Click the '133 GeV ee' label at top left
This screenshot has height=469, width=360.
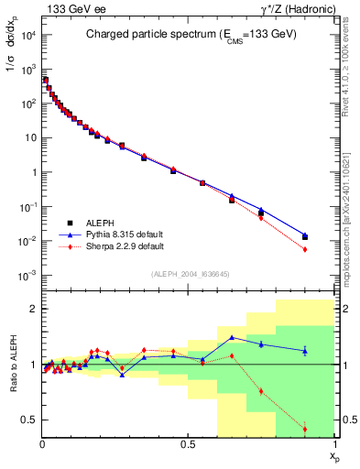(x=73, y=11)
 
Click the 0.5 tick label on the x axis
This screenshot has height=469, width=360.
(x=189, y=444)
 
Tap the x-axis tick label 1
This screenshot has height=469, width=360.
(x=335, y=444)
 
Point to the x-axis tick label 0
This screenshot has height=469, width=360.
(x=42, y=444)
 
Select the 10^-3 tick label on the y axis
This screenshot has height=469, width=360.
(x=27, y=276)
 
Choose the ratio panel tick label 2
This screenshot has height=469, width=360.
(x=34, y=310)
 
